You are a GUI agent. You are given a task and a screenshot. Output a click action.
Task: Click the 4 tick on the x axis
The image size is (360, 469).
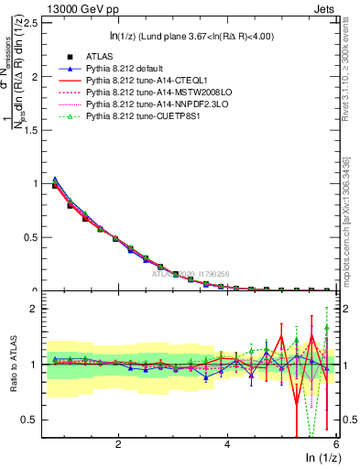point(227,444)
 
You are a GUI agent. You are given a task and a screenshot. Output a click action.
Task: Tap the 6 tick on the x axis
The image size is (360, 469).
point(335,444)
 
